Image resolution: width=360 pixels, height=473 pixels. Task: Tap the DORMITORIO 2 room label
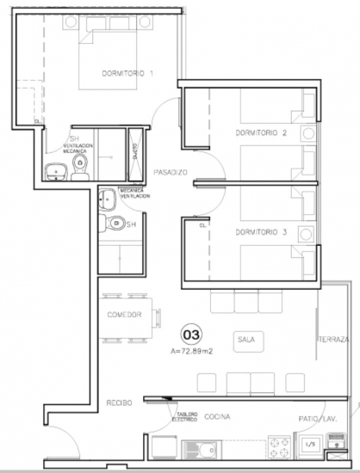(259, 133)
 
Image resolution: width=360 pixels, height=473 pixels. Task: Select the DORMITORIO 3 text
(259, 232)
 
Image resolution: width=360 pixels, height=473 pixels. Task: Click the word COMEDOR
(123, 315)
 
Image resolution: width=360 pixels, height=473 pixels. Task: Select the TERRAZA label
(334, 340)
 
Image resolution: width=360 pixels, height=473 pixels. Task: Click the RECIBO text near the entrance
(119, 403)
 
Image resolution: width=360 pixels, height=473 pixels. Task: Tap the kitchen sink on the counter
(202, 448)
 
